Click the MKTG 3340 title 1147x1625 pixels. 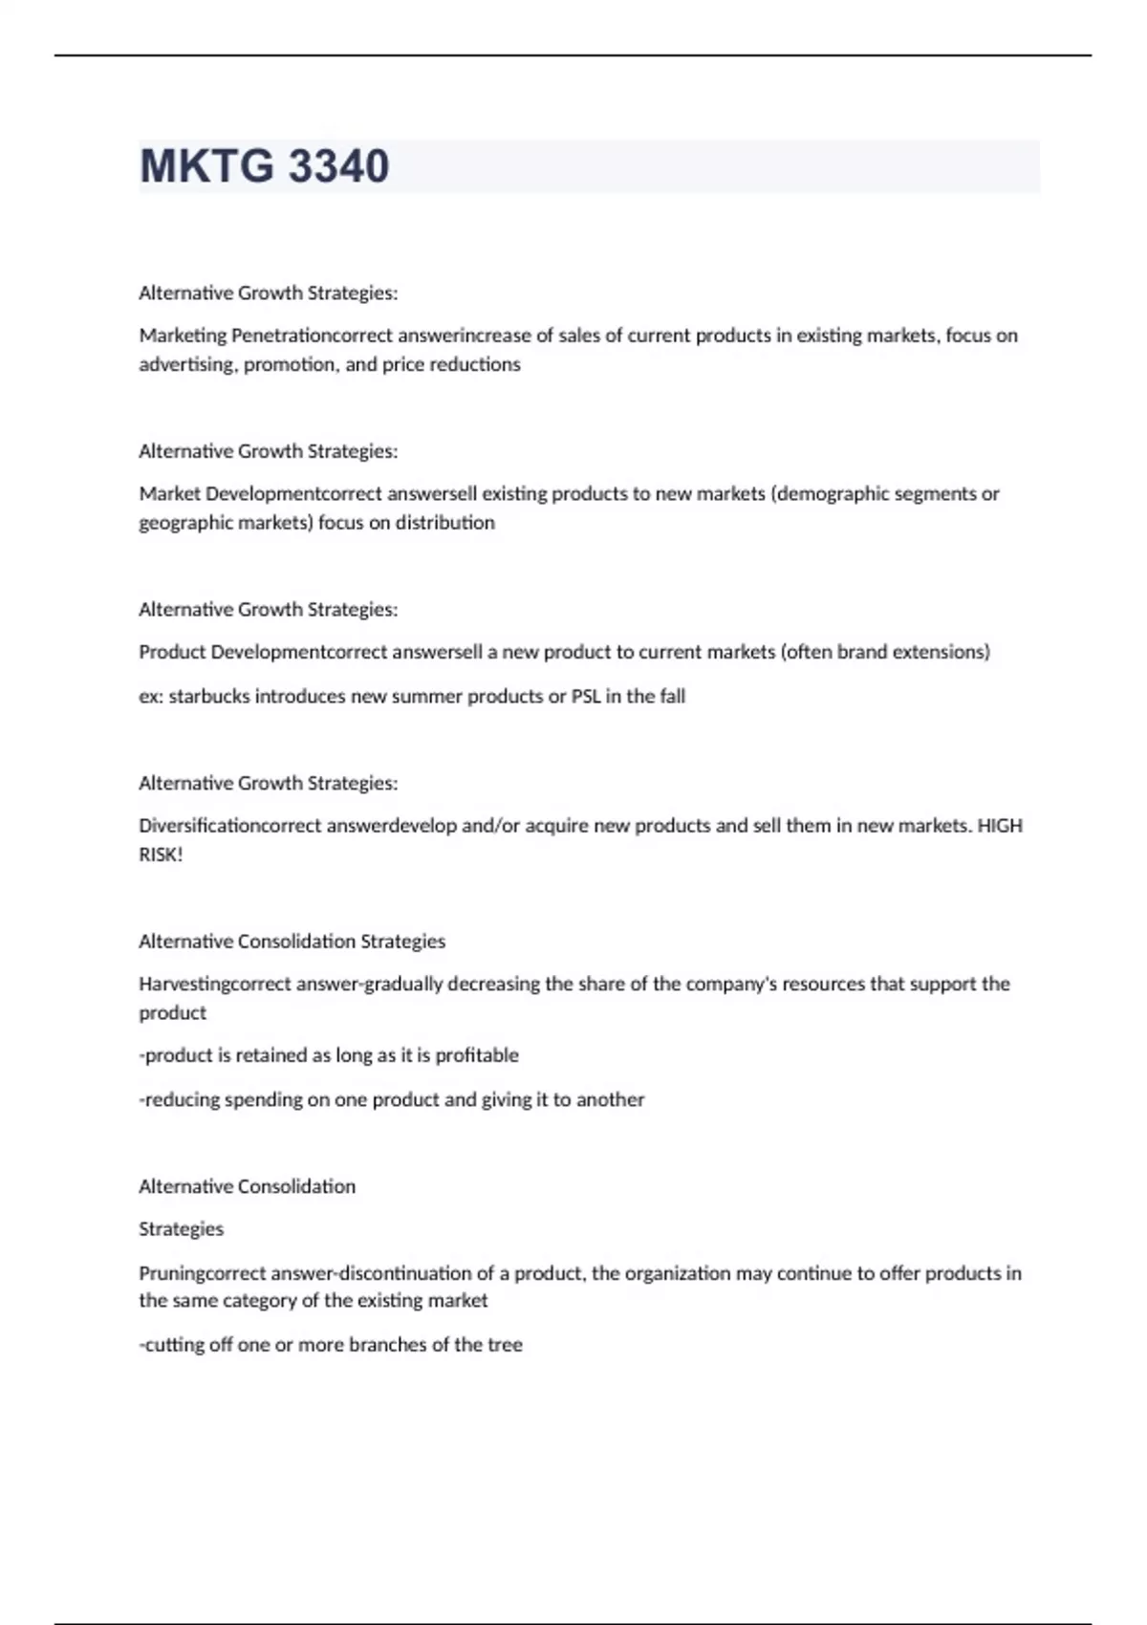[264, 166]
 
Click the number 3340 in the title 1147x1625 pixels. [338, 166]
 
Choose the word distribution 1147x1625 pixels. [445, 523]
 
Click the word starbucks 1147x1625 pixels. [209, 696]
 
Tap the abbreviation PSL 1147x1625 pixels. [586, 696]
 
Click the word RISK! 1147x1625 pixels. [161, 855]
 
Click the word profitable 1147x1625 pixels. [477, 1055]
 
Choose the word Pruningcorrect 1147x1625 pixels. [203, 1273]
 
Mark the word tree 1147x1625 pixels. [505, 1345]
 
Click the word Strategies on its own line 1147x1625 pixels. [181, 1229]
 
